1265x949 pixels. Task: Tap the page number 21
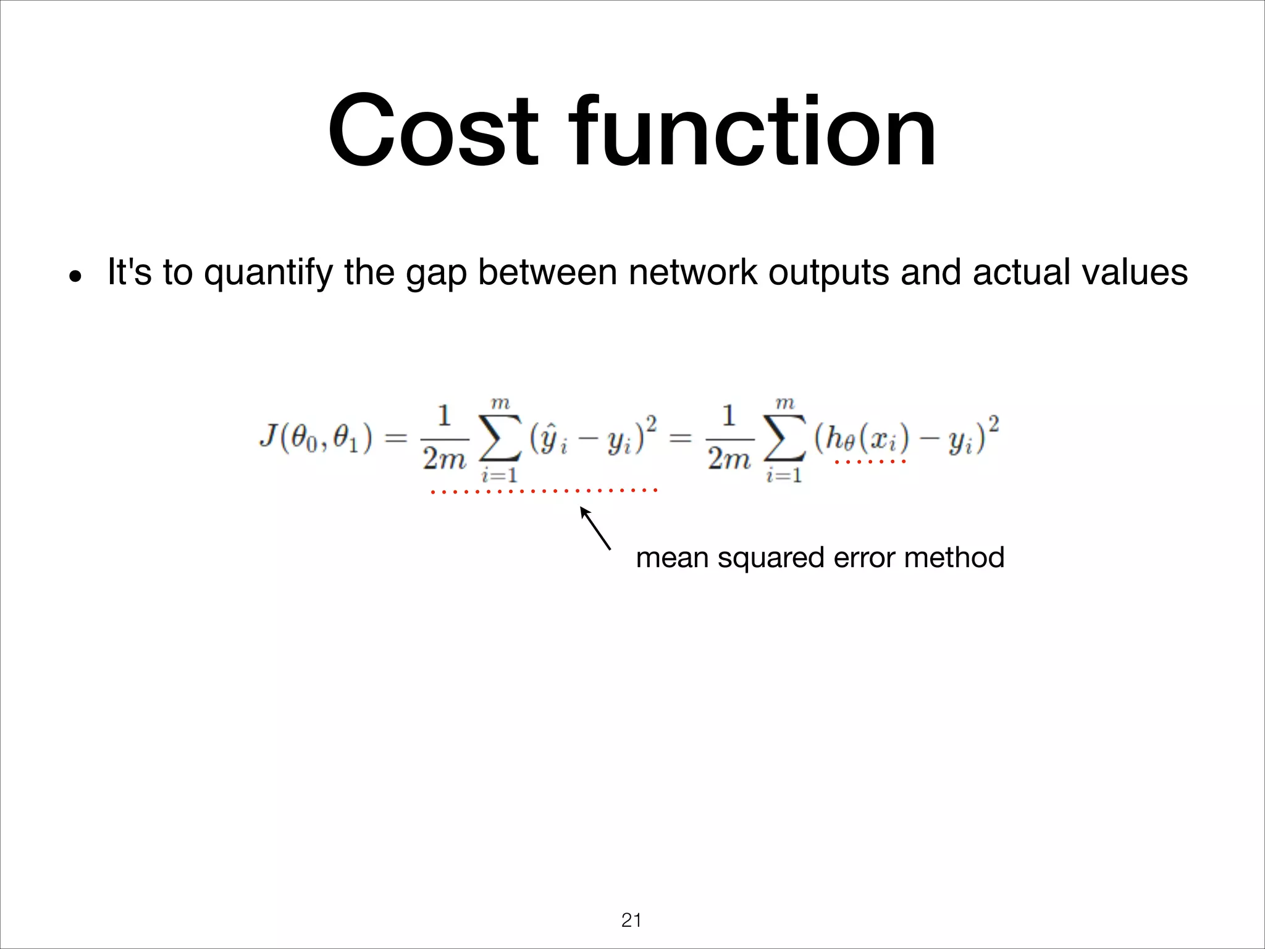[x=631, y=920]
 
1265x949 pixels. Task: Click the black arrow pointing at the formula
[x=595, y=528]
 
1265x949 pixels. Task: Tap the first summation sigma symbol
[x=500, y=439]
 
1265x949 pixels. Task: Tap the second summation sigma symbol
[x=784, y=439]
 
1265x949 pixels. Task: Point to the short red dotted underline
[x=870, y=462]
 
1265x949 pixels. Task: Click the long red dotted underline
[x=544, y=491]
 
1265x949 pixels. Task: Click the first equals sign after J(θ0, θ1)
[x=396, y=439]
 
